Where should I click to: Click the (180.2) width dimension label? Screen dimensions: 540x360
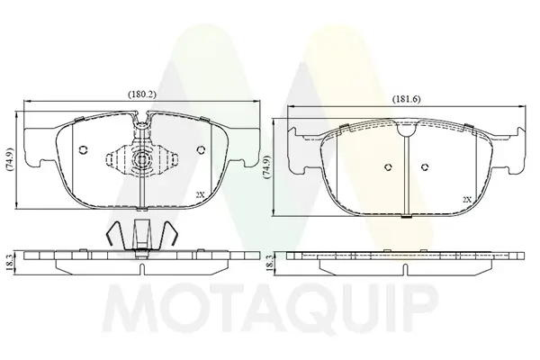[x=142, y=94]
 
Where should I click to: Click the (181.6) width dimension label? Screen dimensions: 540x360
[x=407, y=99]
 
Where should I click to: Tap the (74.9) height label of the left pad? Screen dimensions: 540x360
[x=10, y=160]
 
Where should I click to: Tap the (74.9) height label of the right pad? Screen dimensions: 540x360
[x=266, y=167]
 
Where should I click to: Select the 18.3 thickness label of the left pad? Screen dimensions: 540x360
[x=9, y=263]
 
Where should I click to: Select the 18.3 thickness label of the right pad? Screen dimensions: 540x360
[x=270, y=263]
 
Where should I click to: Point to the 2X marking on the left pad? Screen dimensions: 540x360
[x=200, y=194]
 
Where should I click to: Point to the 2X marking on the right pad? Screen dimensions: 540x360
[x=467, y=200]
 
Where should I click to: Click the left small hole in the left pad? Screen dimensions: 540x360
[x=83, y=150]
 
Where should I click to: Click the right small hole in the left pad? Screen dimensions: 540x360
[x=201, y=150]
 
